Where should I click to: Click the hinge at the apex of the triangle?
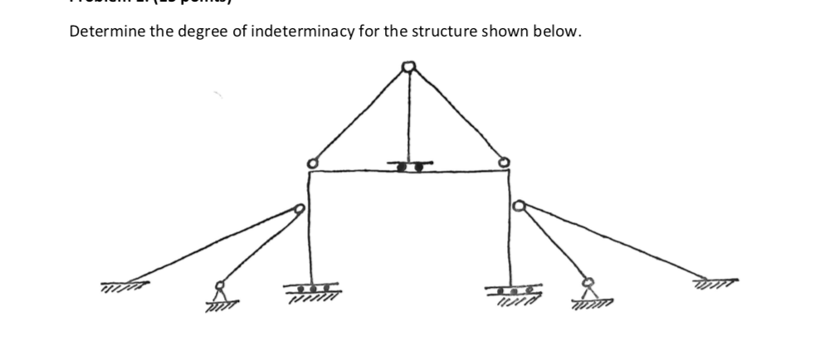(407, 66)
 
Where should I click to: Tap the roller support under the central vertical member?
(409, 166)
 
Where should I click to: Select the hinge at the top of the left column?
(311, 163)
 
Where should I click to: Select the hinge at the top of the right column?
(503, 163)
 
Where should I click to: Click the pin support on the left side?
(220, 292)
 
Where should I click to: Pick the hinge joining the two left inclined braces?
(298, 209)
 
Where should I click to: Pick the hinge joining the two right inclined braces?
(519, 205)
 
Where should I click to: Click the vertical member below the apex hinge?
(408, 116)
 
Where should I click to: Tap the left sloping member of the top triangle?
(358, 114)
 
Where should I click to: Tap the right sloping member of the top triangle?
(456, 114)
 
